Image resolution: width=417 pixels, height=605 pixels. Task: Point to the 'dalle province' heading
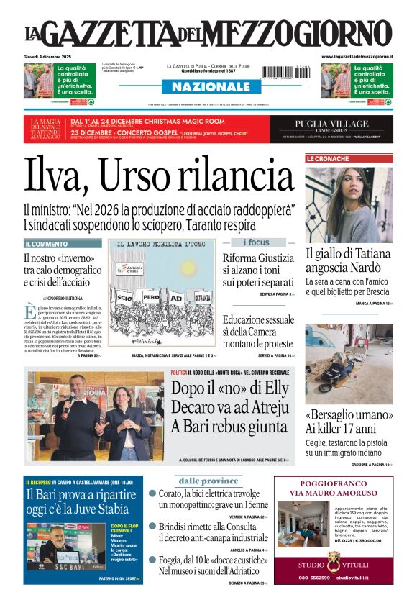tap(208, 481)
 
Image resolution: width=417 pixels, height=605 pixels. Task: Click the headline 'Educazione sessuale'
tap(258, 319)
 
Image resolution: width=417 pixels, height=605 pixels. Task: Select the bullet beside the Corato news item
tap(152, 493)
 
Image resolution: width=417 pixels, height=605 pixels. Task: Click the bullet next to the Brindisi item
tap(152, 527)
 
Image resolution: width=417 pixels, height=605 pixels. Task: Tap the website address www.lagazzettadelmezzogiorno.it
tap(357, 56)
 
